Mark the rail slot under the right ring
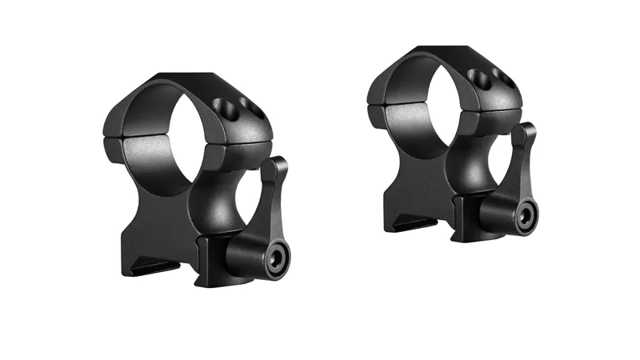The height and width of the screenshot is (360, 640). [x=408, y=222]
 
